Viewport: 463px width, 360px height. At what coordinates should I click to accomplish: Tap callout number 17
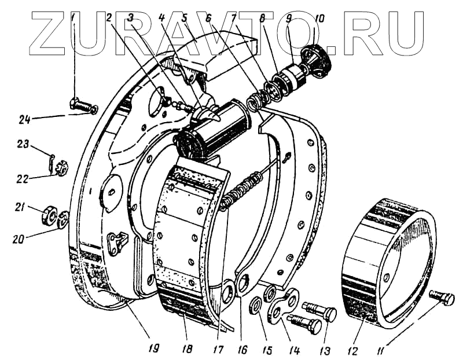pos(218,350)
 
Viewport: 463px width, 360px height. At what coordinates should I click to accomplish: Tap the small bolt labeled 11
pos(443,298)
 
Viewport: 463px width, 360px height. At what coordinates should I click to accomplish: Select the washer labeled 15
pos(255,304)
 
